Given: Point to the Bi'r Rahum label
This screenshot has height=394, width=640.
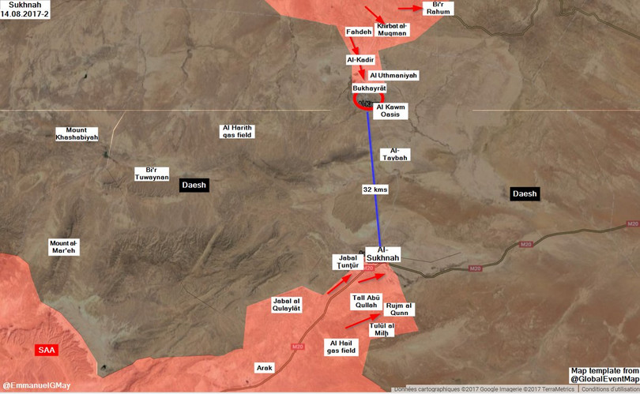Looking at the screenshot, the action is (x=438, y=8).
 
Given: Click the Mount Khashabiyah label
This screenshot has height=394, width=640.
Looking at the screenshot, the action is (x=77, y=133).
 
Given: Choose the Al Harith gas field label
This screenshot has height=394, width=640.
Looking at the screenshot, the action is (x=238, y=131).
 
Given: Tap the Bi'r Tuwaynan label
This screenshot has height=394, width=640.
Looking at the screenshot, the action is (x=152, y=174).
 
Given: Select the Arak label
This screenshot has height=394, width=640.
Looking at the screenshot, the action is (x=264, y=367).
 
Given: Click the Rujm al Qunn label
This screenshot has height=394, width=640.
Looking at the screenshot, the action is (x=398, y=309).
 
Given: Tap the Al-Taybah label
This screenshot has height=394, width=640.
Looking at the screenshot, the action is (x=395, y=154).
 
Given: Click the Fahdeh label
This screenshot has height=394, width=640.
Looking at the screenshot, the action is (x=359, y=32).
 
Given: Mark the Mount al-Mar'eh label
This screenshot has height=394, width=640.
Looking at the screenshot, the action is (x=64, y=246).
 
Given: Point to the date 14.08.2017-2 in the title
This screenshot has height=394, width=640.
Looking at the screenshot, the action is (x=27, y=14).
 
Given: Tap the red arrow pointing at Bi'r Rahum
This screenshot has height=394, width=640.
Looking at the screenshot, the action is (x=410, y=8).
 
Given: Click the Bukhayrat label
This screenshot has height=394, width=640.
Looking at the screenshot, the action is (x=370, y=88).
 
